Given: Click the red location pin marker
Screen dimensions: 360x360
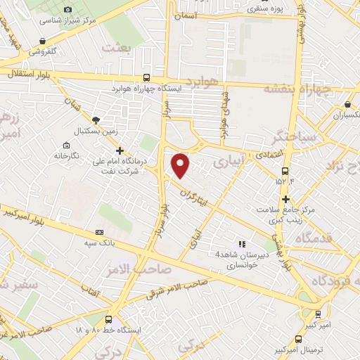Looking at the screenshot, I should click(x=181, y=165).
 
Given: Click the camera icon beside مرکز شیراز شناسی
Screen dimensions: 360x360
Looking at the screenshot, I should click(x=67, y=9).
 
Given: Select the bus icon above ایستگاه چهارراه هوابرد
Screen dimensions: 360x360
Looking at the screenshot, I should click(x=146, y=78).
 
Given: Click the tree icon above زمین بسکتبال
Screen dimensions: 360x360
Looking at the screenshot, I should click(x=96, y=120).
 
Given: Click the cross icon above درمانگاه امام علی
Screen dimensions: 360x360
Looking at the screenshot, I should click(x=120, y=150).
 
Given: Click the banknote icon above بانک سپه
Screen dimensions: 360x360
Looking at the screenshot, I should click(x=99, y=232).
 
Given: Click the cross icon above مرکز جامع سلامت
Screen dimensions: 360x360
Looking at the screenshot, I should click(x=285, y=199).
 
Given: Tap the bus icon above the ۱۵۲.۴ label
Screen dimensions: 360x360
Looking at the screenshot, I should click(x=285, y=171).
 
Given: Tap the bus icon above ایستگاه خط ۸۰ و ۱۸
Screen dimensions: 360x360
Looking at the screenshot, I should click(x=108, y=319).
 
